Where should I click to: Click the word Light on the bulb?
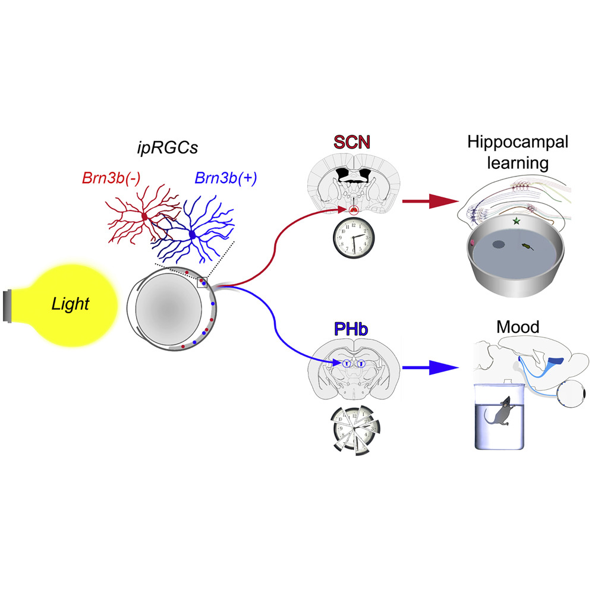[x=70, y=305]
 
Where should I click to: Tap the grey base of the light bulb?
[x=7, y=306]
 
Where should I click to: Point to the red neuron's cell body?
[x=143, y=218]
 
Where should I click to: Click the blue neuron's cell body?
[x=192, y=235]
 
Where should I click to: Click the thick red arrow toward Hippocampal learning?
[x=423, y=201]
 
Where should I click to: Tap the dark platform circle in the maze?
[x=496, y=244]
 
